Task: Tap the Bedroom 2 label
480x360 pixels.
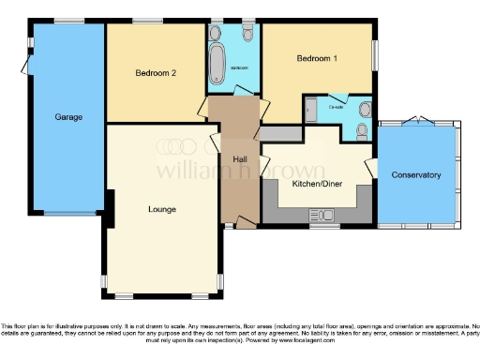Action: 156,73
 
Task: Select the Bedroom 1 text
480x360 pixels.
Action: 318,59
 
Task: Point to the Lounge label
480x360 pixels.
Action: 162,209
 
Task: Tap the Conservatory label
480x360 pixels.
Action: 416,175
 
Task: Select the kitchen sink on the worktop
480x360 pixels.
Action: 325,217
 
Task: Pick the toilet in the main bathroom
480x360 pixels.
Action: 247,35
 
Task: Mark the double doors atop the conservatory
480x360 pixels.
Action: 413,122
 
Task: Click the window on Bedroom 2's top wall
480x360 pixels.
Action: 146,21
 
